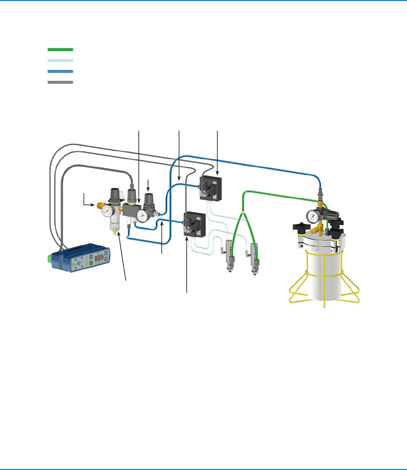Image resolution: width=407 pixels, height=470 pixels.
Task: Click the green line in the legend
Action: tap(60, 50)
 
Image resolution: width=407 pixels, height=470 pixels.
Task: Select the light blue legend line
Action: tap(60, 61)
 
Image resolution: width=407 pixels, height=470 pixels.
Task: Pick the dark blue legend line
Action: tap(60, 72)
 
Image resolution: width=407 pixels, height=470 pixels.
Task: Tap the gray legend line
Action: tap(60, 82)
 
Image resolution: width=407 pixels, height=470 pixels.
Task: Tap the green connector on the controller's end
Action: tap(50, 258)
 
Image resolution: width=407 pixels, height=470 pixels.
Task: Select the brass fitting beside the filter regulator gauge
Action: tap(99, 205)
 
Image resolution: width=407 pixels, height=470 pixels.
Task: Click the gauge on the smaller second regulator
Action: tap(144, 216)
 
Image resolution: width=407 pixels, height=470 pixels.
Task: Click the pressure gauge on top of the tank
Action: tap(312, 217)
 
